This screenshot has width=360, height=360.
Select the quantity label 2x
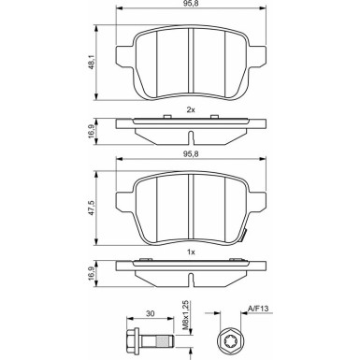tap(190, 111)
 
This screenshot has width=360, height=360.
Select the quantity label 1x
tap(190, 252)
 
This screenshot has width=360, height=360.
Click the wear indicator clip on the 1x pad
tap(246, 235)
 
